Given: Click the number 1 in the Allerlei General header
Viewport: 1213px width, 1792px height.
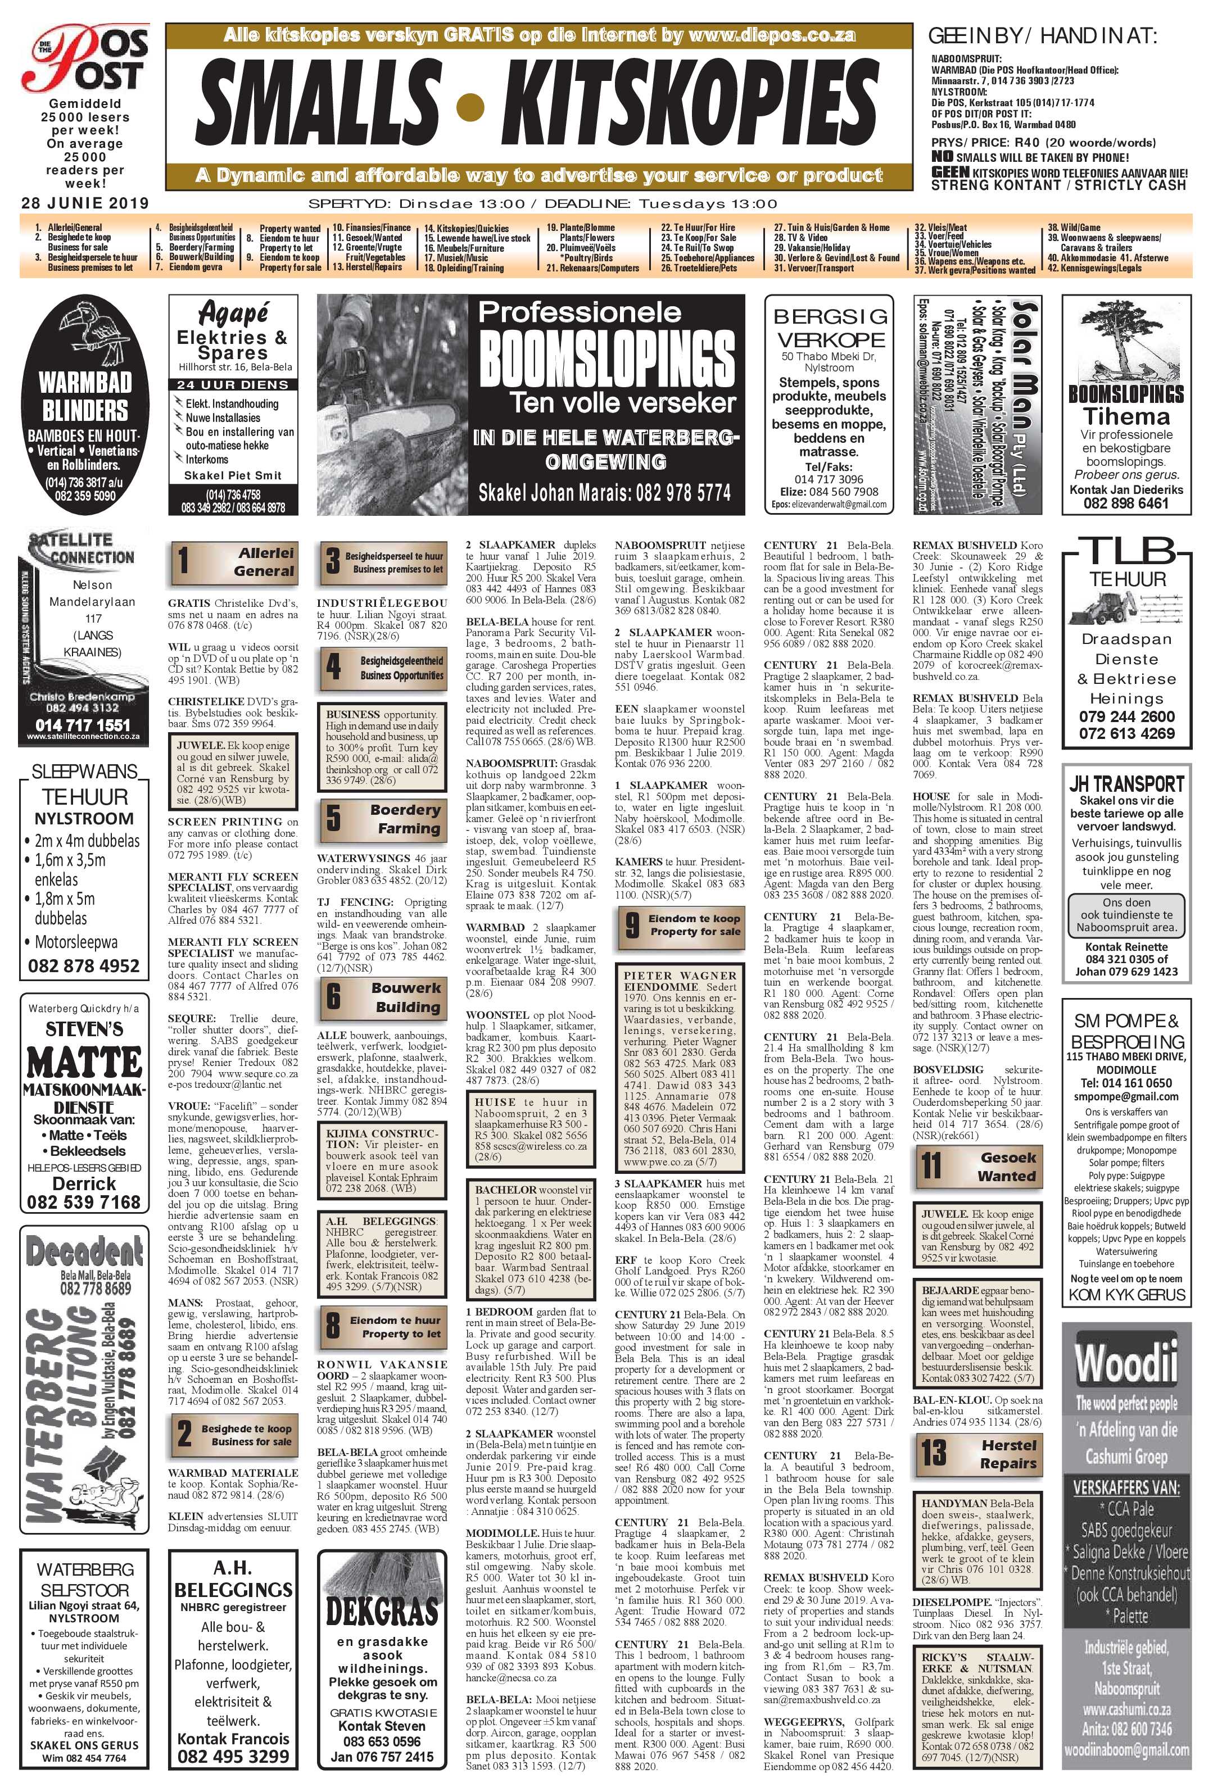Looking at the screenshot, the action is [184, 561].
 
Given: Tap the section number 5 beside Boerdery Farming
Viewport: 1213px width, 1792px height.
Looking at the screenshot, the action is [333, 819].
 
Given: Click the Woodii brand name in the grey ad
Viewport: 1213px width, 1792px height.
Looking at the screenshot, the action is [1126, 1363].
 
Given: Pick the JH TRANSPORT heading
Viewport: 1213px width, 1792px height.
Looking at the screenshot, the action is [1126, 785].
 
